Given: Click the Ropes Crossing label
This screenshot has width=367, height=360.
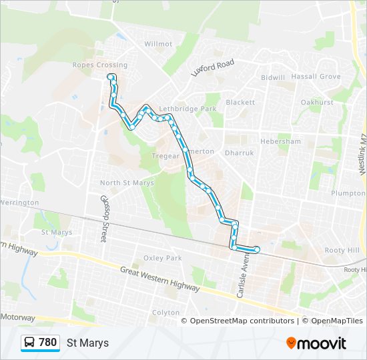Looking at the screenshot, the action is pyautogui.click(x=99, y=65).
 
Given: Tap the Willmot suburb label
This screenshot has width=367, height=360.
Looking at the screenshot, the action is pyautogui.click(x=158, y=44).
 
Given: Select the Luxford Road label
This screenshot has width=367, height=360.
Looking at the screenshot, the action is pyautogui.click(x=213, y=67).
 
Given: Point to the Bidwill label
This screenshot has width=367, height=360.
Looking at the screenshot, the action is pyautogui.click(x=273, y=78).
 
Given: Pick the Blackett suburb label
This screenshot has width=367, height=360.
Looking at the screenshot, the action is pyautogui.click(x=240, y=103).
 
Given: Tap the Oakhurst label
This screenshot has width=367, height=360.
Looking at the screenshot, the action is pyautogui.click(x=316, y=103).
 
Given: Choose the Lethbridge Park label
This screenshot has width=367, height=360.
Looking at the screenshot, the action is pyautogui.click(x=189, y=109).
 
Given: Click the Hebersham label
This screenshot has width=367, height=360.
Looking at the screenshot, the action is pyautogui.click(x=280, y=142).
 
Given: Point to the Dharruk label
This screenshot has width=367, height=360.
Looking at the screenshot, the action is pyautogui.click(x=240, y=153).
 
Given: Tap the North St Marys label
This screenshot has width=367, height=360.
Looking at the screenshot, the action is pyautogui.click(x=127, y=183).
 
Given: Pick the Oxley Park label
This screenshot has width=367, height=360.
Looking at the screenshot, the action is pyautogui.click(x=162, y=259).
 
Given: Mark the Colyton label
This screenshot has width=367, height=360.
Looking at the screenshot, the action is pyautogui.click(x=165, y=313).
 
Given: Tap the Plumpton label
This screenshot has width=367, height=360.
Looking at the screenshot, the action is pyautogui.click(x=348, y=193).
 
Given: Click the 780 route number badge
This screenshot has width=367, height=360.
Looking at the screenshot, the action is pyautogui.click(x=40, y=343).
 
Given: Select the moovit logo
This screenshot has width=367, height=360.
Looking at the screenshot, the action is pyautogui.click(x=316, y=343).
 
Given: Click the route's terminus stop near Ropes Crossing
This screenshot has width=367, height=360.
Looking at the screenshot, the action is pyautogui.click(x=110, y=77).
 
